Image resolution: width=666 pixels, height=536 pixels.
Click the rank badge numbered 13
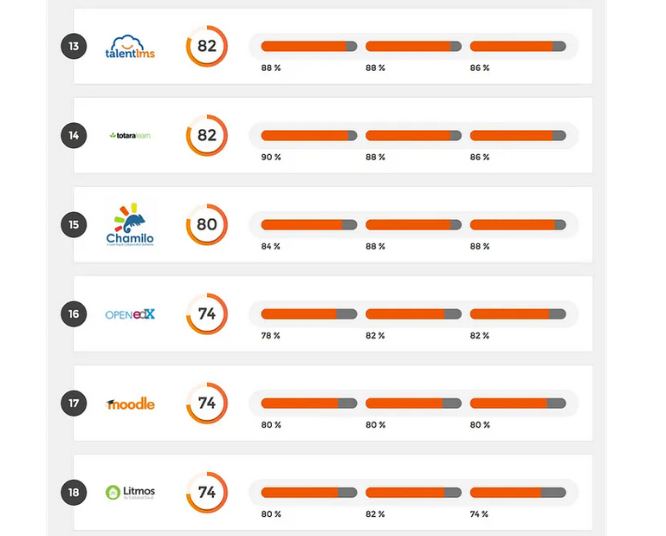(74, 46)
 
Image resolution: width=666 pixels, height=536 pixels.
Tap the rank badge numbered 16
(74, 313)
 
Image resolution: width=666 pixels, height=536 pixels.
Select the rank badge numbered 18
(74, 493)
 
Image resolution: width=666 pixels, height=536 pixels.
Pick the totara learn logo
(131, 135)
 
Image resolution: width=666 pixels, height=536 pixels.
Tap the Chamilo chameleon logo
(130, 225)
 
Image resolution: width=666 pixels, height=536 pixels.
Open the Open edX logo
(130, 314)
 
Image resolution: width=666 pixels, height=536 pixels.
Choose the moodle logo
(131, 404)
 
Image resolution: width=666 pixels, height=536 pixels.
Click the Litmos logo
(130, 493)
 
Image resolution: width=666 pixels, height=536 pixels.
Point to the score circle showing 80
(207, 225)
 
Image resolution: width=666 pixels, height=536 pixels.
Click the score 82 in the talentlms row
(207, 46)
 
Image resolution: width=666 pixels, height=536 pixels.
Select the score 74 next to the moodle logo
(207, 404)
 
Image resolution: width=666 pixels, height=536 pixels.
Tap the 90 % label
(271, 158)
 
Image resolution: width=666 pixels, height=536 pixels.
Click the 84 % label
(271, 247)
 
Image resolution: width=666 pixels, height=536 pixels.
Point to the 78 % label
(271, 336)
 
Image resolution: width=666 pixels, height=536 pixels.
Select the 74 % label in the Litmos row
(480, 514)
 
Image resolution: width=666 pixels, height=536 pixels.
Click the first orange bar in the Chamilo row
(308, 225)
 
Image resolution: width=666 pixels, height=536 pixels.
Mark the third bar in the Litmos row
(517, 493)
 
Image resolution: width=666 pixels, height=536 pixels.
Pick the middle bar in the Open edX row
(413, 314)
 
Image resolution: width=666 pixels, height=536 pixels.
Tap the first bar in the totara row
(308, 135)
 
